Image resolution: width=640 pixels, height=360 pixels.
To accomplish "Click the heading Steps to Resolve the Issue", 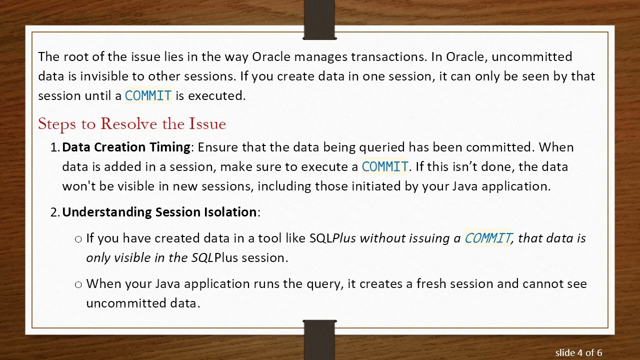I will click(x=132, y=123).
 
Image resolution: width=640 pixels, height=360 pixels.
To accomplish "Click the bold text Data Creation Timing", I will click(x=126, y=147).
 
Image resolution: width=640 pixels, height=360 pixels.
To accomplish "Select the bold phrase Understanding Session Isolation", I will click(x=159, y=212).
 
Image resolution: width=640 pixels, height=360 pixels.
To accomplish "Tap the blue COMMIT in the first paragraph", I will click(x=148, y=96).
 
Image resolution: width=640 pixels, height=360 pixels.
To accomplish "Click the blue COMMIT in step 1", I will click(x=384, y=166).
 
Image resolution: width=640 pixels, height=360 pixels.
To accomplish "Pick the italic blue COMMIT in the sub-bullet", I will click(x=487, y=238).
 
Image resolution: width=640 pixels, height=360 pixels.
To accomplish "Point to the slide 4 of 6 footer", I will click(x=578, y=352).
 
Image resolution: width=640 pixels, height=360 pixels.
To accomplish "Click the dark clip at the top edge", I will click(x=319, y=20).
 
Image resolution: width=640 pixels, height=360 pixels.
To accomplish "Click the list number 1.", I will click(x=54, y=147).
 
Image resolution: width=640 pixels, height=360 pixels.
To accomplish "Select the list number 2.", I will click(x=54, y=212).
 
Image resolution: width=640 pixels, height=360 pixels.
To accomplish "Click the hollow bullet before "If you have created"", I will click(x=78, y=239).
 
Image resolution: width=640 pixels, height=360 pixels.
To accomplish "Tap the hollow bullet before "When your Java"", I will click(x=78, y=284).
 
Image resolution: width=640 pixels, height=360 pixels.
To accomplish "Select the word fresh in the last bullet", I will click(x=430, y=283).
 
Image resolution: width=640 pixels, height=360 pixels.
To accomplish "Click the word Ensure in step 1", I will click(x=218, y=147).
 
